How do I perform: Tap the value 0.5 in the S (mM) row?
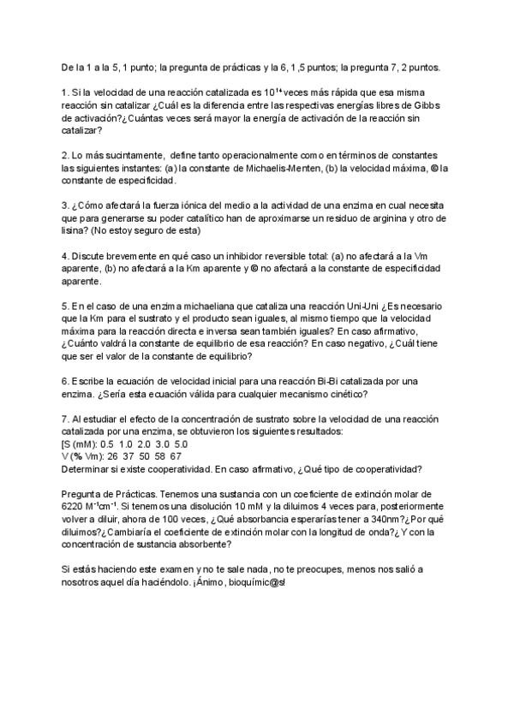tap(107, 444)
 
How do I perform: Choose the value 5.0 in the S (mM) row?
tap(181, 444)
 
